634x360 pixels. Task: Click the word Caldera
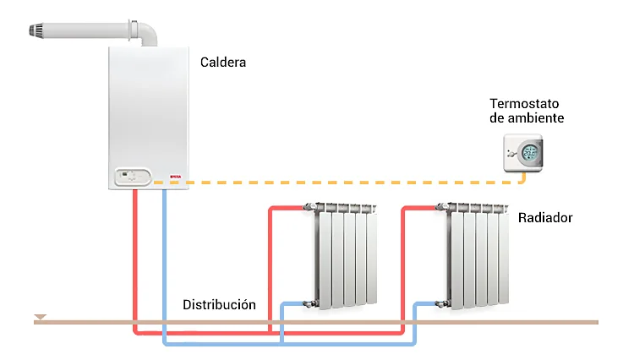[x=223, y=62]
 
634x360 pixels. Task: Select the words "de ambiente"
[x=526, y=118]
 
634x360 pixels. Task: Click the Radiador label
[x=545, y=218]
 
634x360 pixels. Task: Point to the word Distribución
[x=219, y=303]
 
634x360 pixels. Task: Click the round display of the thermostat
[x=530, y=154]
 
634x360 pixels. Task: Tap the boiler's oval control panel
[x=130, y=177]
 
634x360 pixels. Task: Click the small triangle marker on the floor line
[x=40, y=318]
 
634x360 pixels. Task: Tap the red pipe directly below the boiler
[x=135, y=254]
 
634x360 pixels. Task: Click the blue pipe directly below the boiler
[x=164, y=254]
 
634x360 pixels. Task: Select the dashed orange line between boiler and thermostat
[x=338, y=181]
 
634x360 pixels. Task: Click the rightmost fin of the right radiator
[x=504, y=258]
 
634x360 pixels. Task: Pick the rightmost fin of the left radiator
[x=371, y=258]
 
